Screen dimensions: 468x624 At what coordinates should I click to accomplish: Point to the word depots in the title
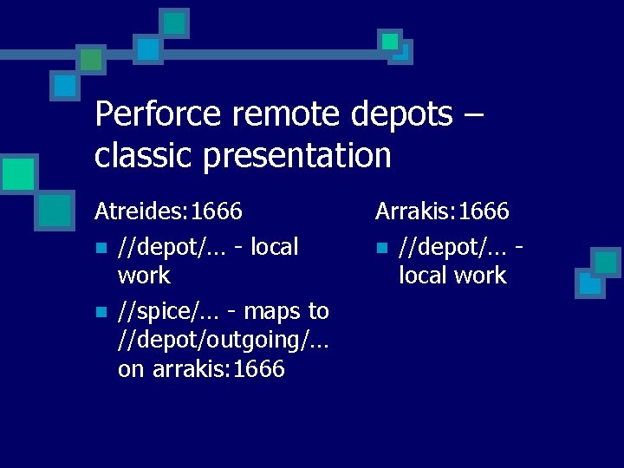point(403,114)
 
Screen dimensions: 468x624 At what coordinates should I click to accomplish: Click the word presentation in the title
point(295,156)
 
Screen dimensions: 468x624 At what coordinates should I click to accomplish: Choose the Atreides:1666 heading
point(168,211)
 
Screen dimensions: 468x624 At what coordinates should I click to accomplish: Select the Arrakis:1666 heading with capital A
point(442,211)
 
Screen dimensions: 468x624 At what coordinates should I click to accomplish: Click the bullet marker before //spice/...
point(101,311)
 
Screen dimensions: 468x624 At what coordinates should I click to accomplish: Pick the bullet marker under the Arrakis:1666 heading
point(381,248)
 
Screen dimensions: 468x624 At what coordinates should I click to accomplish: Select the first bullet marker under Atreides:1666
point(101,248)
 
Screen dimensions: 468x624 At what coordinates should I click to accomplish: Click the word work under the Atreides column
point(144,276)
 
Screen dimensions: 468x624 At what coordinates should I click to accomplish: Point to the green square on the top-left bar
point(90,59)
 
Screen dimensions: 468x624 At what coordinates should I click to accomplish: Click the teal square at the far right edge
point(606,262)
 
